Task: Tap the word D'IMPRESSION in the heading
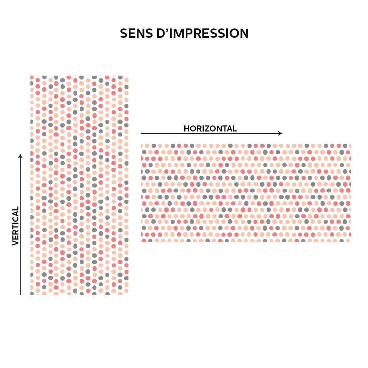202,33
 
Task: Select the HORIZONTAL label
210,128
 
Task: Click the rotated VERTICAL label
15,226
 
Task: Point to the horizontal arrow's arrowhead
280,133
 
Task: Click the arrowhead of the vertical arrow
20,156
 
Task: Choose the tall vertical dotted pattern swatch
79,185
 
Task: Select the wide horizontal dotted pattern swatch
246,193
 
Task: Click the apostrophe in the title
167,30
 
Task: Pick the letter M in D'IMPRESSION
178,33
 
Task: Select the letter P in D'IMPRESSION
189,33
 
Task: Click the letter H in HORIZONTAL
187,128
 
